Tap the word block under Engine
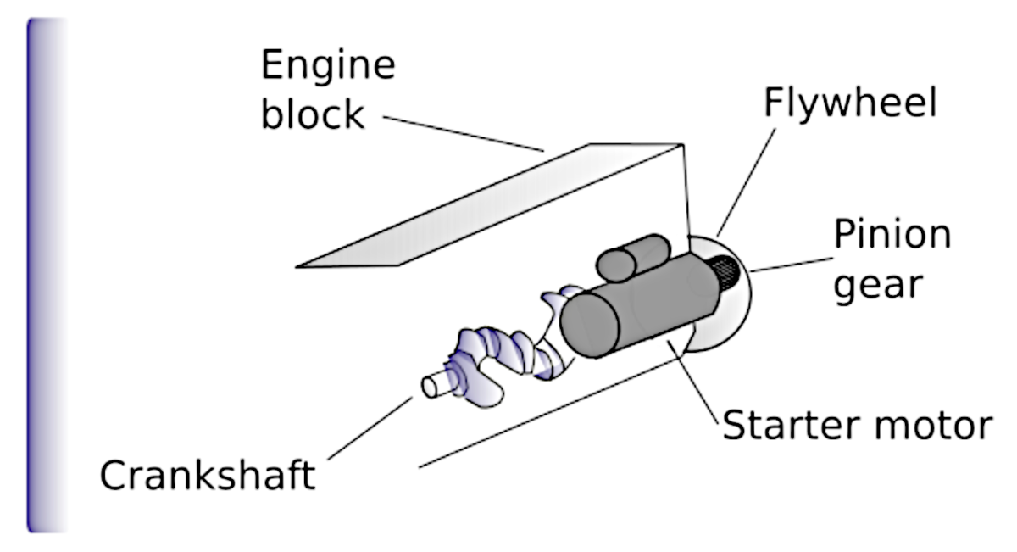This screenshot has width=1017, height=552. click(x=312, y=113)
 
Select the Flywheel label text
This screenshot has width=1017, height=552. click(x=850, y=103)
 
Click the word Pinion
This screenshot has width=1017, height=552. click(x=892, y=234)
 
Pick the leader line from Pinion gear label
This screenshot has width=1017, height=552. click(x=788, y=264)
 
